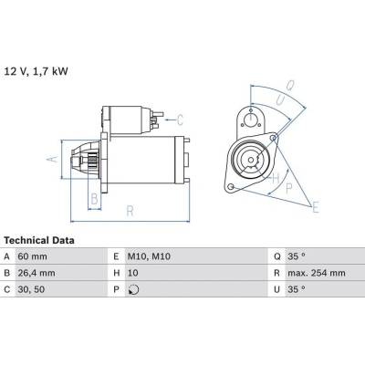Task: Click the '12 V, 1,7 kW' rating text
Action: pos(36,71)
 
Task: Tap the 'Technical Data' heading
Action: pos(39,240)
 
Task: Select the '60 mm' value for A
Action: pos(33,256)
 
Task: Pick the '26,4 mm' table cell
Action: pos(36,273)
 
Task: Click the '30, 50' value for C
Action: pos(31,289)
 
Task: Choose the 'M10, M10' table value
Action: pos(149,256)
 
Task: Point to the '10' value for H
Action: pos(133,273)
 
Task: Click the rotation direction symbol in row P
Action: pos(133,289)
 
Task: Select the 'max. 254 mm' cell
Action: pos(317,273)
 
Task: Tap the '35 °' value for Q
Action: pos(297,256)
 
